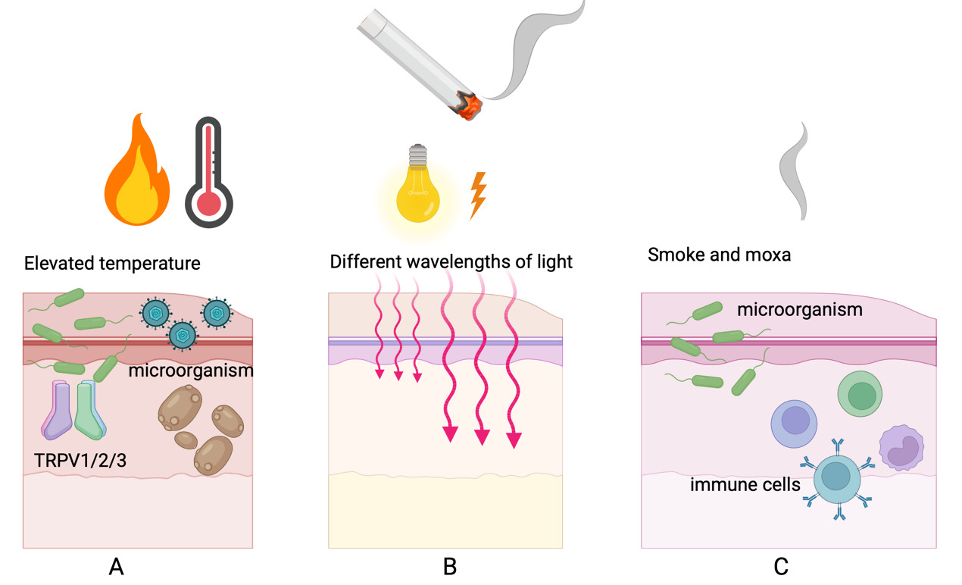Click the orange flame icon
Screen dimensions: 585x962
(x=136, y=174)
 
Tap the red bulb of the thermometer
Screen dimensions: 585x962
(x=209, y=204)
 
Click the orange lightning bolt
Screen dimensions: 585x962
(x=478, y=195)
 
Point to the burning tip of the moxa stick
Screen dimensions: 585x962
(x=469, y=107)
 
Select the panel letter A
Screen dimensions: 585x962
(x=116, y=566)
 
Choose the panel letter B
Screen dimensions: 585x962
(x=449, y=566)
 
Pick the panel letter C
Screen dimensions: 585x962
(x=781, y=566)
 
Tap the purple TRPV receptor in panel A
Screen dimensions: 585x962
(x=58, y=411)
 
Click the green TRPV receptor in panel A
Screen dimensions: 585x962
(x=89, y=411)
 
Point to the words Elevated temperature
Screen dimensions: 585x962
(x=112, y=264)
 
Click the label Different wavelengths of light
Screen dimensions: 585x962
(x=451, y=262)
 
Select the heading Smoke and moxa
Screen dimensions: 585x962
(x=719, y=255)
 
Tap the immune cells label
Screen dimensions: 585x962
(x=745, y=484)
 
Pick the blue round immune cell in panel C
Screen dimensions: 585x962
(x=794, y=423)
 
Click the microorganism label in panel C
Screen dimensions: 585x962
(x=799, y=309)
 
